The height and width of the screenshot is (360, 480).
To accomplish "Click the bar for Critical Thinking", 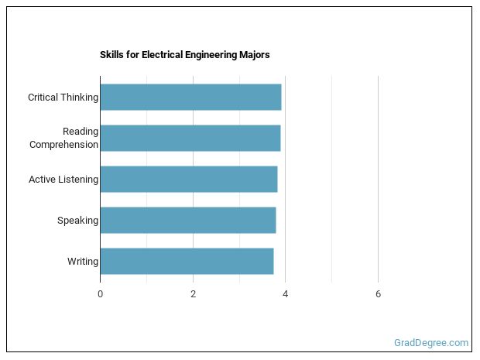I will (x=190, y=98).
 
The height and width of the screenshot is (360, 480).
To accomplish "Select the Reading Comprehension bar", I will (x=190, y=138).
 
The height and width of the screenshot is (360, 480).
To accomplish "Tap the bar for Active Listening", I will (x=188, y=179).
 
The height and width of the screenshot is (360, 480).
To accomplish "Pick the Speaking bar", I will (x=187, y=220).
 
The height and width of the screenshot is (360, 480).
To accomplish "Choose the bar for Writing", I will (x=187, y=261).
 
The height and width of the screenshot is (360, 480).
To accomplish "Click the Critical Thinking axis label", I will (x=63, y=98).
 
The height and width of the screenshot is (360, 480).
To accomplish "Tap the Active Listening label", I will (x=63, y=180).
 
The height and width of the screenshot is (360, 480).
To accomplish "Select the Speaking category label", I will (x=77, y=221).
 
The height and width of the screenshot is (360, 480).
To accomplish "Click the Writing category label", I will (x=82, y=262).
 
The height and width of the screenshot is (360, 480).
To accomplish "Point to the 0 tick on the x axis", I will (x=100, y=294).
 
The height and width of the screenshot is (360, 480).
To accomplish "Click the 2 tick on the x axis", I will (x=193, y=294).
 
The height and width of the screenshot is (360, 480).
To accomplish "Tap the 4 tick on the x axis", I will (x=286, y=294).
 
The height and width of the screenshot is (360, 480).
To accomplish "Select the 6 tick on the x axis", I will (x=378, y=294).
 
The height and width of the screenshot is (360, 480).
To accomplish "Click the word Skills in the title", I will (x=111, y=55).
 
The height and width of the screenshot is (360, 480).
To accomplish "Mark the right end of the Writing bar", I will (x=273, y=261).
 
